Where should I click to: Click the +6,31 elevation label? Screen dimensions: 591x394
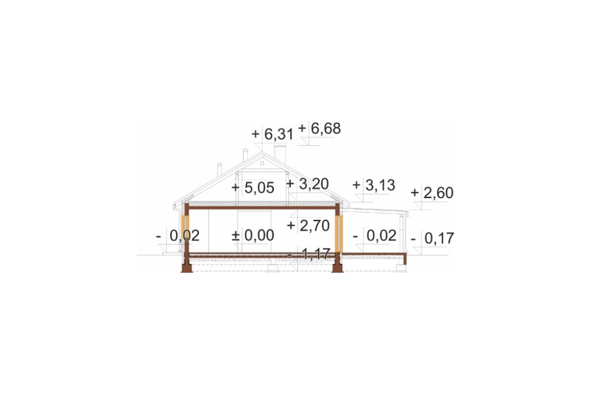click(x=272, y=134)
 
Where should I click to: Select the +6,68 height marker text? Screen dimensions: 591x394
click(x=320, y=128)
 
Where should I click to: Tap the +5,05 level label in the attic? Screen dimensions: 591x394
click(x=253, y=188)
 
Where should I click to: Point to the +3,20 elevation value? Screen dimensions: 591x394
click(x=307, y=184)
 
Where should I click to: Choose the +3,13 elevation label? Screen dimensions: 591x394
click(x=374, y=185)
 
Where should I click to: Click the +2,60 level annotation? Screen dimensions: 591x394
click(x=432, y=193)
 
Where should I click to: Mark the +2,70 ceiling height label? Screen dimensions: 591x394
click(x=309, y=225)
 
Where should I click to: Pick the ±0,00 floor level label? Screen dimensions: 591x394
click(x=253, y=235)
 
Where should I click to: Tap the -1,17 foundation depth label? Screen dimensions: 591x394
click(x=309, y=254)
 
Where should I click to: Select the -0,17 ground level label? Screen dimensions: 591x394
click(x=433, y=238)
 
